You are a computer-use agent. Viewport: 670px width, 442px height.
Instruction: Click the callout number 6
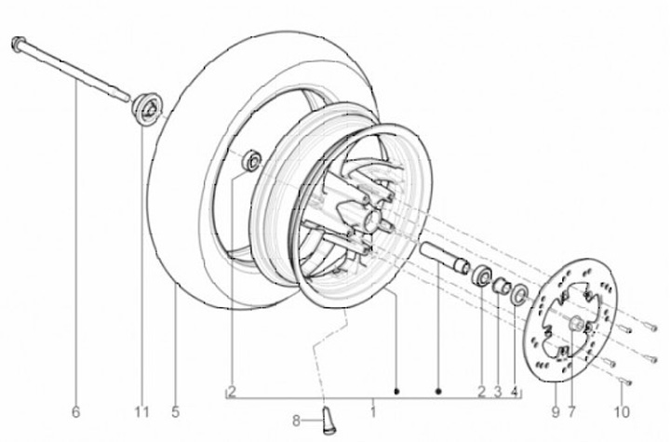pyautogui.click(x=75, y=412)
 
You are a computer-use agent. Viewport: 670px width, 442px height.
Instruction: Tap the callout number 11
pyautogui.click(x=141, y=412)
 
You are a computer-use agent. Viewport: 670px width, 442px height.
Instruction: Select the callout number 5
pyautogui.click(x=175, y=412)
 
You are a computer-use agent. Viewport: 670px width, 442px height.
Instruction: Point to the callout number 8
pyautogui.click(x=296, y=421)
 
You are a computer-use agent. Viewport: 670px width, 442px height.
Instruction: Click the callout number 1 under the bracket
pyautogui.click(x=373, y=412)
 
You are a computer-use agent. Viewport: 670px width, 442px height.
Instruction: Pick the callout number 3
pyautogui.click(x=498, y=392)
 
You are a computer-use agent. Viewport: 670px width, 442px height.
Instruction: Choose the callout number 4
pyautogui.click(x=515, y=392)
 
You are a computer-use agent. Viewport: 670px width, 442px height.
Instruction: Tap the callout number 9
pyautogui.click(x=555, y=412)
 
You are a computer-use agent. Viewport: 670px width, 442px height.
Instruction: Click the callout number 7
pyautogui.click(x=571, y=412)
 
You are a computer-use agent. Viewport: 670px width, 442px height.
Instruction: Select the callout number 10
pyautogui.click(x=622, y=412)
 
